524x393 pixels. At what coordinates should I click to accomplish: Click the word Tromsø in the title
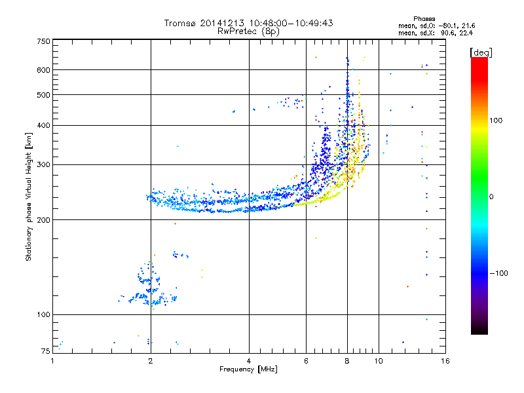181,23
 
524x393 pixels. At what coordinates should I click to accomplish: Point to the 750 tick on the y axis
43,41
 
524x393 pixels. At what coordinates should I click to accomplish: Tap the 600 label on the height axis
43,70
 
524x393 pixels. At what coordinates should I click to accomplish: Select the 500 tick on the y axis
43,95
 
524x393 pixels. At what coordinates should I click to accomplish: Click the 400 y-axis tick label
43,125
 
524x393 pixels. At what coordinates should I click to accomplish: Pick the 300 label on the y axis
43,164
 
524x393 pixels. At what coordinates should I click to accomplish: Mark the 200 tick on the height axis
43,219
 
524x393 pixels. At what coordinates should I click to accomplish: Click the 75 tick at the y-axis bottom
45,352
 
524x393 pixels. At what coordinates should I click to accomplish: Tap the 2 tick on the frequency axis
151,360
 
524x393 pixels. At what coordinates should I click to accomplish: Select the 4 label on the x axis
249,360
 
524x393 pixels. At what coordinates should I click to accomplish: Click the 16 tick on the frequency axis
445,360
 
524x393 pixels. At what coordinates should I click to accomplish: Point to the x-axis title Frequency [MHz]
248,369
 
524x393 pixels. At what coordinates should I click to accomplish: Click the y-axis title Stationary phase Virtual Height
29,196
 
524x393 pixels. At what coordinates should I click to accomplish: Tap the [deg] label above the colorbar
481,52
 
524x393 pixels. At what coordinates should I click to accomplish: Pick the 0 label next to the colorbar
492,196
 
